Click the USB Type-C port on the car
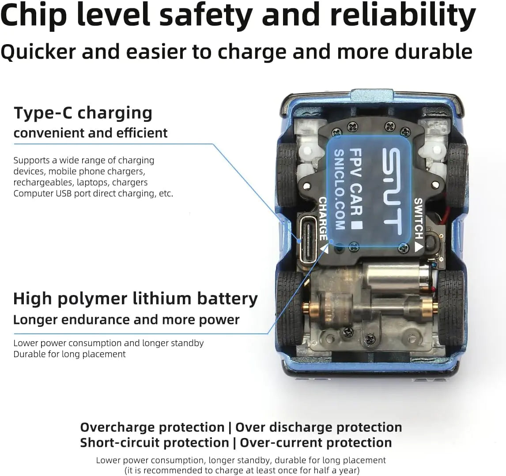click(x=308, y=240)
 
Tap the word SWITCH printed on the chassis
click(x=419, y=219)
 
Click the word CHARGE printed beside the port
click(x=323, y=219)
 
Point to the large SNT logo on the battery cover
click(x=392, y=191)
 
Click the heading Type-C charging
click(x=83, y=113)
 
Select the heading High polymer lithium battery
click(x=136, y=299)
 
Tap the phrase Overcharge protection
click(x=152, y=427)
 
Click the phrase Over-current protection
click(x=316, y=442)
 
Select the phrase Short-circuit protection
click(x=155, y=442)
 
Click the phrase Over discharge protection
click(x=319, y=427)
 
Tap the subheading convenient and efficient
click(x=91, y=133)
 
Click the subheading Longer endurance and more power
click(x=126, y=320)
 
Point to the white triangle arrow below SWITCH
click(x=419, y=247)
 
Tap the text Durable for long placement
click(x=69, y=354)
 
